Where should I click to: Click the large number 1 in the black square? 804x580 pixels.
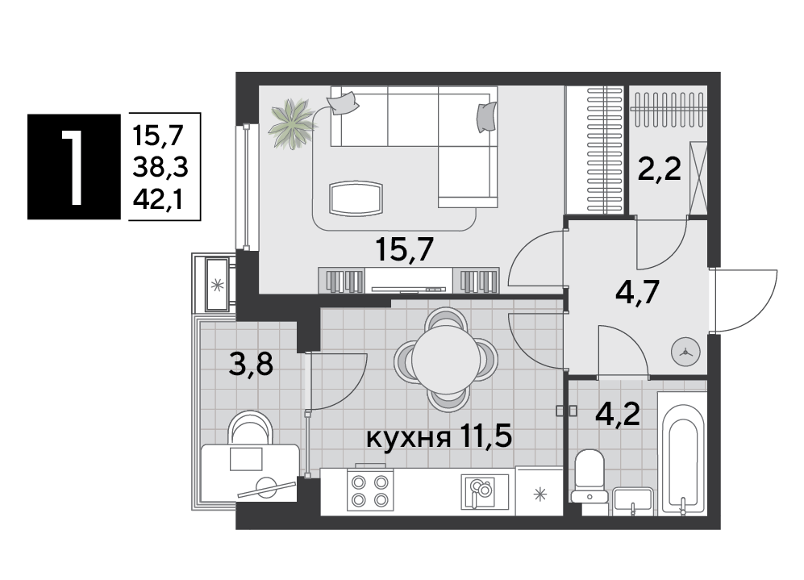pyautogui.click(x=73, y=167)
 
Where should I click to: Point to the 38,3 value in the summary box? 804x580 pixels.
pyautogui.click(x=160, y=167)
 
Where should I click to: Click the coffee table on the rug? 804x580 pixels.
pyautogui.click(x=356, y=198)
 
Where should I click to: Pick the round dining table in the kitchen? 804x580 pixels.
pyautogui.click(x=446, y=359)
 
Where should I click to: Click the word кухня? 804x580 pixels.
pyautogui.click(x=409, y=439)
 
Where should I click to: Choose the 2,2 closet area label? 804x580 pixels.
pyautogui.click(x=659, y=169)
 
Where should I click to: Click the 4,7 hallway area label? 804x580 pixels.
pyautogui.click(x=637, y=294)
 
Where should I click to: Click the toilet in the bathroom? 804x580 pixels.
pyautogui.click(x=589, y=477)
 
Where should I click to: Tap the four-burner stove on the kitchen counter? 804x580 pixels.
pyautogui.click(x=369, y=490)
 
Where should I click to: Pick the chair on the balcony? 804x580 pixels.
pyautogui.click(x=250, y=428)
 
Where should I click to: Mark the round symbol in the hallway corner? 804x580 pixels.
pyautogui.click(x=685, y=353)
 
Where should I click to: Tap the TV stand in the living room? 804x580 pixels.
pyautogui.click(x=409, y=280)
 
